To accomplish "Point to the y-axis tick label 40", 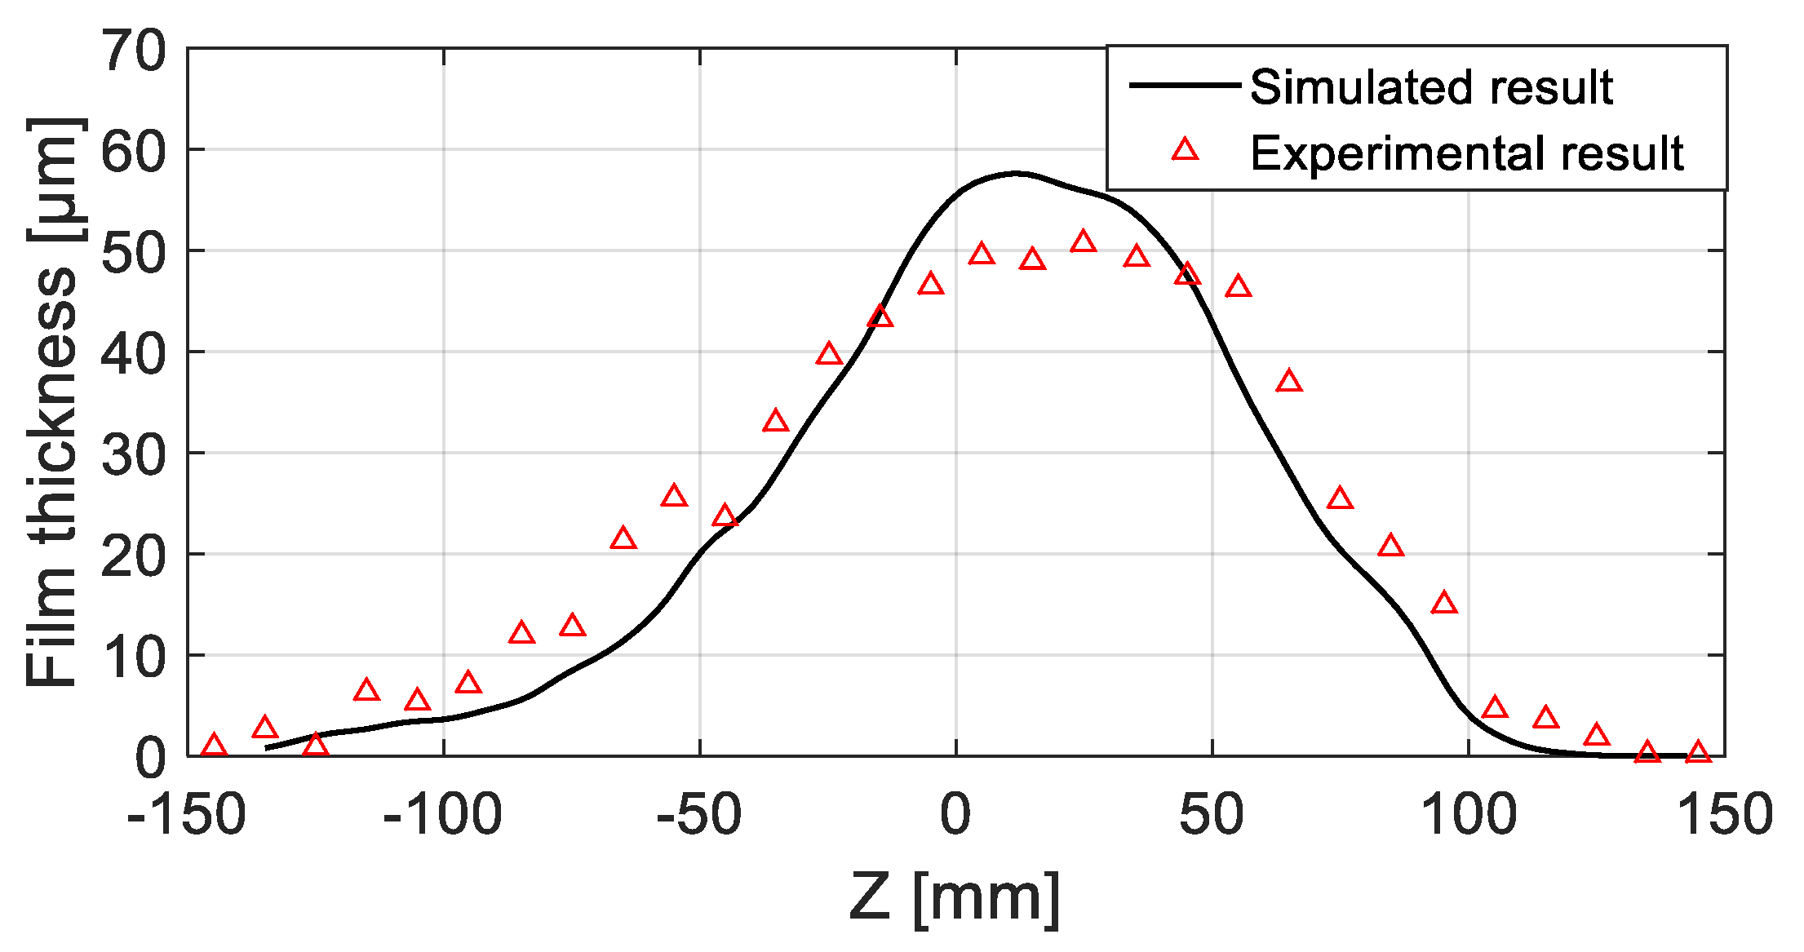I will (133, 353).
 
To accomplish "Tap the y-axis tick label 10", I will (133, 657).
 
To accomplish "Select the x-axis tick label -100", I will (442, 814).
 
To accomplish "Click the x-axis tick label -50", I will (699, 814).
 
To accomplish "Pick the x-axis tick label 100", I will (1469, 814).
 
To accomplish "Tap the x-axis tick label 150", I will (1725, 814).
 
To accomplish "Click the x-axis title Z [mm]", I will (955, 897).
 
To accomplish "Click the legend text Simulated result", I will (1431, 86).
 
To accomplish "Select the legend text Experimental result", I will (1466, 153).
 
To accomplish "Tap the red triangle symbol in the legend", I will (1185, 149).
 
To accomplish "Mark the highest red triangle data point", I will (1084, 241).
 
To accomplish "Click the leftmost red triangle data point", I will (214, 745).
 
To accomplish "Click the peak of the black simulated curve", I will (1014, 173).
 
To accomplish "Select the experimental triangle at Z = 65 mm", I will (1289, 381).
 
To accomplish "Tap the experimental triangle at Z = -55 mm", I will (674, 496).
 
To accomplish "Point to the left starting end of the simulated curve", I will (268, 747).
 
